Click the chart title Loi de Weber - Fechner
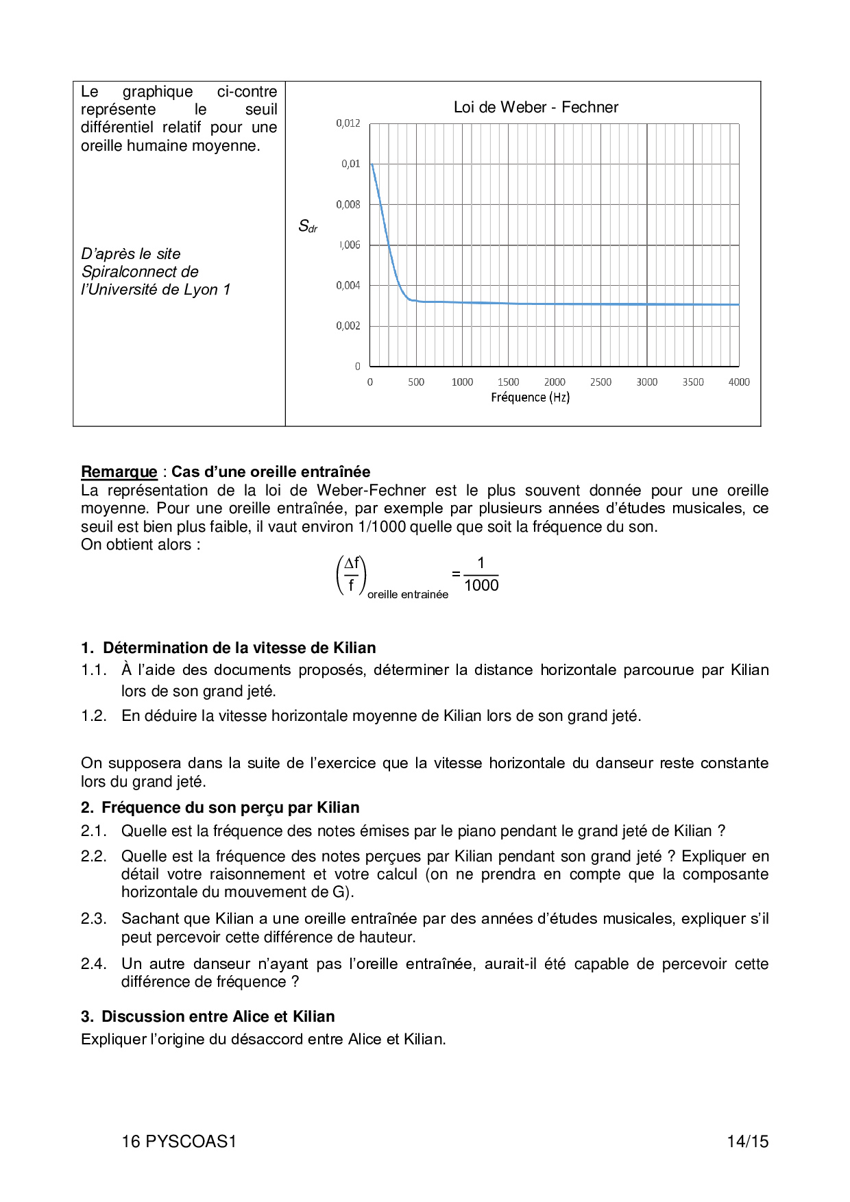pyautogui.click(x=535, y=107)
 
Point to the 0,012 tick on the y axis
pyautogui.click(x=348, y=123)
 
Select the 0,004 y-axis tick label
pyautogui.click(x=348, y=285)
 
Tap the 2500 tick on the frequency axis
pyautogui.click(x=600, y=382)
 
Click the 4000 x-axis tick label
pyautogui.click(x=738, y=382)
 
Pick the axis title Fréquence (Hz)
pyautogui.click(x=530, y=397)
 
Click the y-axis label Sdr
pyautogui.click(x=307, y=226)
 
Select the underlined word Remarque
pyautogui.click(x=119, y=471)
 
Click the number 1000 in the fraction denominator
pyautogui.click(x=481, y=585)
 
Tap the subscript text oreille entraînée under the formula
pyautogui.click(x=407, y=595)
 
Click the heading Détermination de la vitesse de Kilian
pyautogui.click(x=239, y=648)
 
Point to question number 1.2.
pyautogui.click(x=93, y=715)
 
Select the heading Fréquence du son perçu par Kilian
pyautogui.click(x=230, y=807)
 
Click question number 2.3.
pyautogui.click(x=93, y=918)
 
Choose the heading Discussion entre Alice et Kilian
pyautogui.click(x=218, y=1016)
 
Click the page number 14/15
pyautogui.click(x=747, y=1141)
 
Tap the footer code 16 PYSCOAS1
pyautogui.click(x=179, y=1141)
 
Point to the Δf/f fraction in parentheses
pyautogui.click(x=351, y=574)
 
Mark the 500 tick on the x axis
pyautogui.click(x=416, y=382)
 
